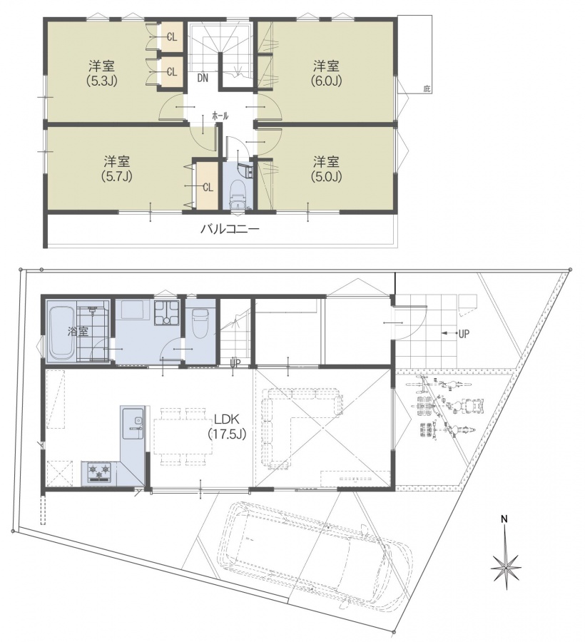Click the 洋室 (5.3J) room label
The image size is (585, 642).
(x=101, y=73)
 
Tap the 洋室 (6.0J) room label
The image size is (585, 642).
(x=326, y=73)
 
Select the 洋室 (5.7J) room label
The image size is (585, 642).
(x=117, y=168)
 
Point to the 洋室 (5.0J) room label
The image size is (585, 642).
(x=326, y=168)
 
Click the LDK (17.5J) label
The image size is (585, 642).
(x=228, y=427)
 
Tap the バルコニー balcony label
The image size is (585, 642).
(x=230, y=228)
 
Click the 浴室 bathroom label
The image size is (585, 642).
(x=78, y=332)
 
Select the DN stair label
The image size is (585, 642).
(x=203, y=78)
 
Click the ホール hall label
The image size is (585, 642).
(x=220, y=116)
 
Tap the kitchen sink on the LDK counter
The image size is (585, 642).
(x=133, y=423)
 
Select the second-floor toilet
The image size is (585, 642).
(x=238, y=197)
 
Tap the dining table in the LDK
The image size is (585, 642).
(x=183, y=436)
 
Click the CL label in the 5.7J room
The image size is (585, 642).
(x=208, y=188)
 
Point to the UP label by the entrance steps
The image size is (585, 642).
(x=464, y=334)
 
